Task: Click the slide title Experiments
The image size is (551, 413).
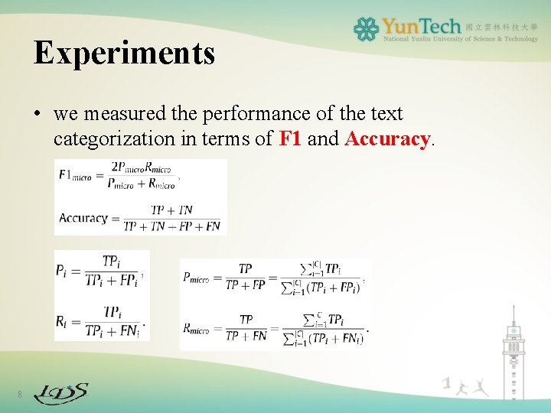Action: click(x=124, y=54)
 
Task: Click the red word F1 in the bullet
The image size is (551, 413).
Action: click(x=291, y=139)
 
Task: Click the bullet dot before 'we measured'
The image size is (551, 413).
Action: click(x=37, y=115)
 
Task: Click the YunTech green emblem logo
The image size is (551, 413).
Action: click(x=366, y=29)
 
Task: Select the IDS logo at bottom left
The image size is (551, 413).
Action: click(x=61, y=393)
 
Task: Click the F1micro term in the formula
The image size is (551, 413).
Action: click(x=75, y=175)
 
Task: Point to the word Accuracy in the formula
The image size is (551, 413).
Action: click(x=83, y=218)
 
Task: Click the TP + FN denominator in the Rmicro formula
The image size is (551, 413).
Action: click(x=246, y=336)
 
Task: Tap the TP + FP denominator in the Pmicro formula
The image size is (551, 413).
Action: click(x=246, y=285)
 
